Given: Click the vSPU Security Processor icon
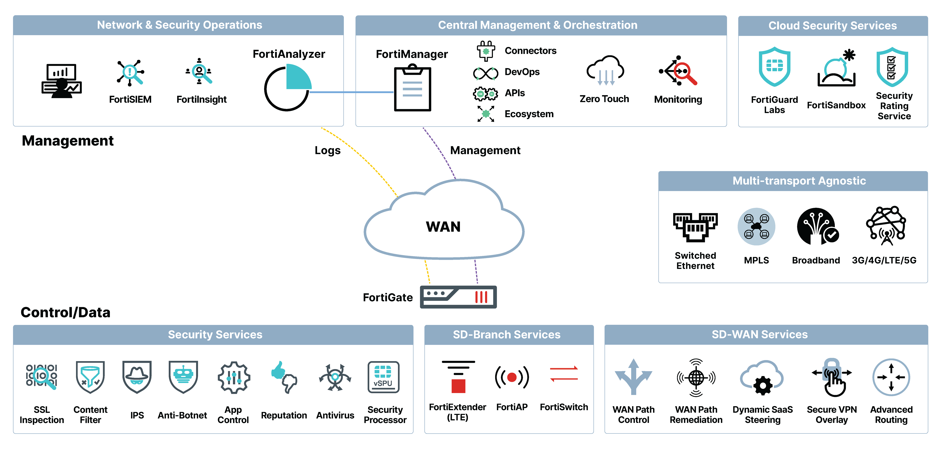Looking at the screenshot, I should (383, 377).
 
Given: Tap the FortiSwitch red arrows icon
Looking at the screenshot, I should (564, 374).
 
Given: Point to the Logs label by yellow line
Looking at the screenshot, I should (327, 150).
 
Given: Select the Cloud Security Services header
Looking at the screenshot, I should (832, 26).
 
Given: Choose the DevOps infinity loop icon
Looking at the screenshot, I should (486, 73).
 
